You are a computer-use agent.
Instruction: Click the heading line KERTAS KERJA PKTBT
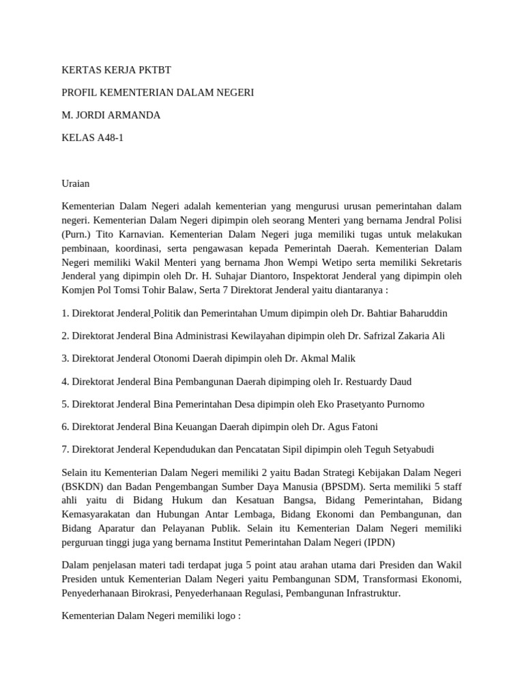click(121, 70)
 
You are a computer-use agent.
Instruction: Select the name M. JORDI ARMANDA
click(111, 115)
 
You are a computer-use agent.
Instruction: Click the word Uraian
click(76, 183)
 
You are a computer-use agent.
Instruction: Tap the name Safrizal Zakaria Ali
click(398, 336)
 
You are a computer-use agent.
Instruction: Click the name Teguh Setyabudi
click(396, 449)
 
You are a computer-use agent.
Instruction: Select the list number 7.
click(65, 449)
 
